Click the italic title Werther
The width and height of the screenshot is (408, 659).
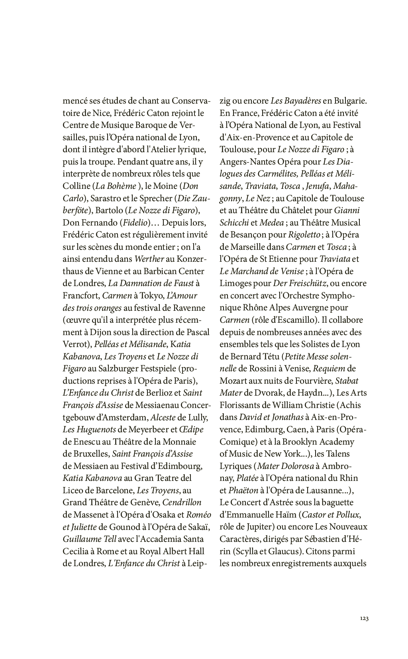[x=149, y=259]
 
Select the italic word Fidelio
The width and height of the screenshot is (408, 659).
[x=136, y=222]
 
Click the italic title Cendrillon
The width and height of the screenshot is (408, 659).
[x=182, y=502]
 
